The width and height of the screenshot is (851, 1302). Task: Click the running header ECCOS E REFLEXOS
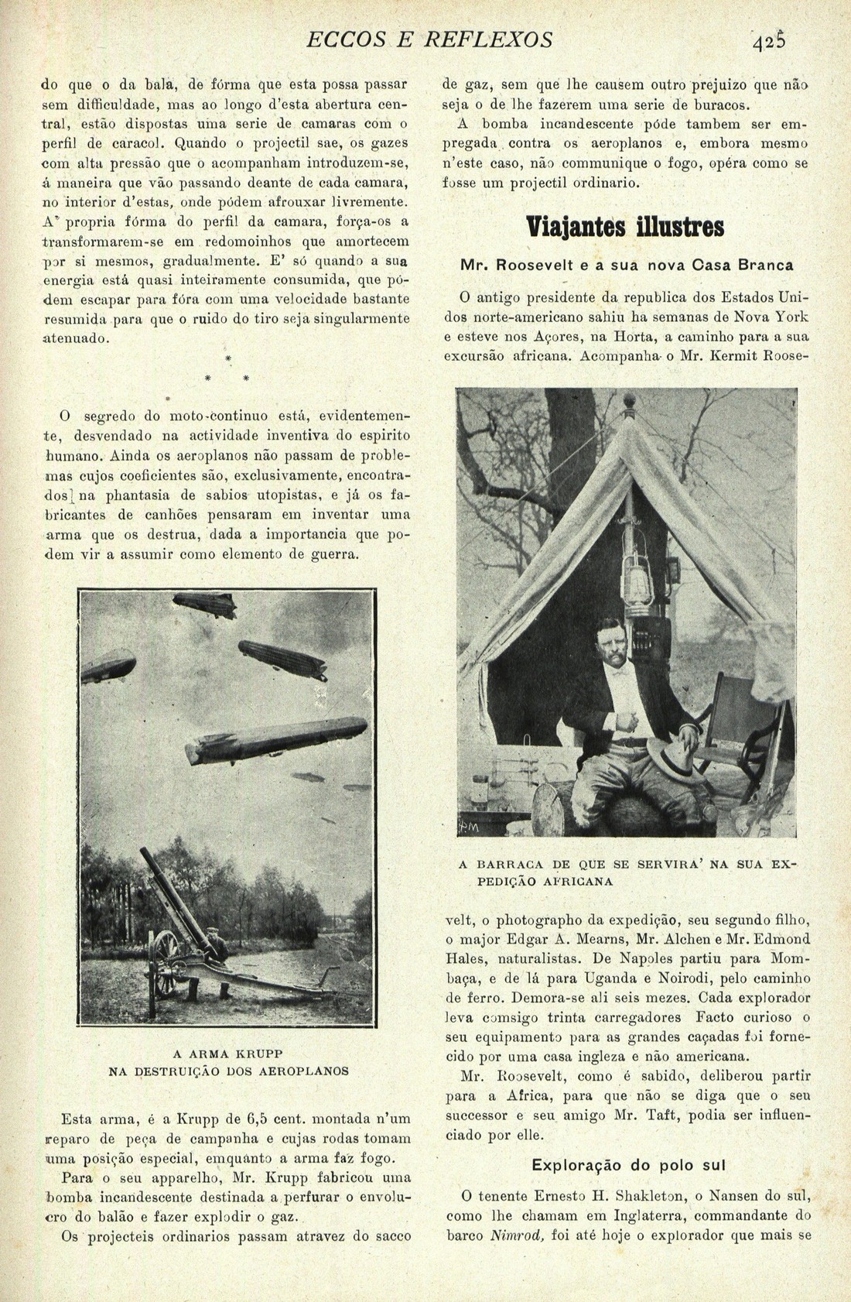click(430, 39)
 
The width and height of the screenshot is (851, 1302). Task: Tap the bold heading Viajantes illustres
click(625, 228)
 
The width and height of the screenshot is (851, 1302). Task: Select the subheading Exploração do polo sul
click(627, 1165)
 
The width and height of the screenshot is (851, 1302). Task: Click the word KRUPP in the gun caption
click(257, 1054)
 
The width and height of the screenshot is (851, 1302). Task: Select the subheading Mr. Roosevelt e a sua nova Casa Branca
click(627, 266)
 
